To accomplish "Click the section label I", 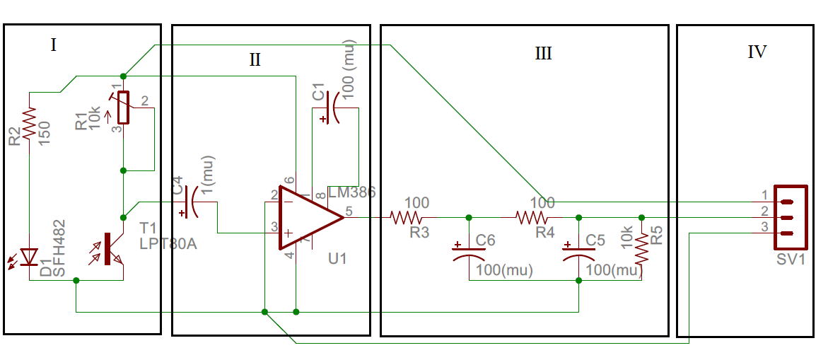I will click(x=53, y=45).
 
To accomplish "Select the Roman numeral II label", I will click(x=255, y=59).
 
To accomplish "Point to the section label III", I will click(x=543, y=53).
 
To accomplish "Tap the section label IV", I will click(x=757, y=52).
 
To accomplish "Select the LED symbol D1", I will click(x=29, y=257).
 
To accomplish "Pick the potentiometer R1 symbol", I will click(x=123, y=108).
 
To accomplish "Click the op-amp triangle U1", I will click(x=308, y=217).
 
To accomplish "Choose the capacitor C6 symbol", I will click(x=469, y=252).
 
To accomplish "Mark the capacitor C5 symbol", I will click(x=579, y=252).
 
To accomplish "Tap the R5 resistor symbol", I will click(x=641, y=249).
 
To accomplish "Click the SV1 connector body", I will click(x=791, y=218).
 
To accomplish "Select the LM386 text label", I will click(x=352, y=192).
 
